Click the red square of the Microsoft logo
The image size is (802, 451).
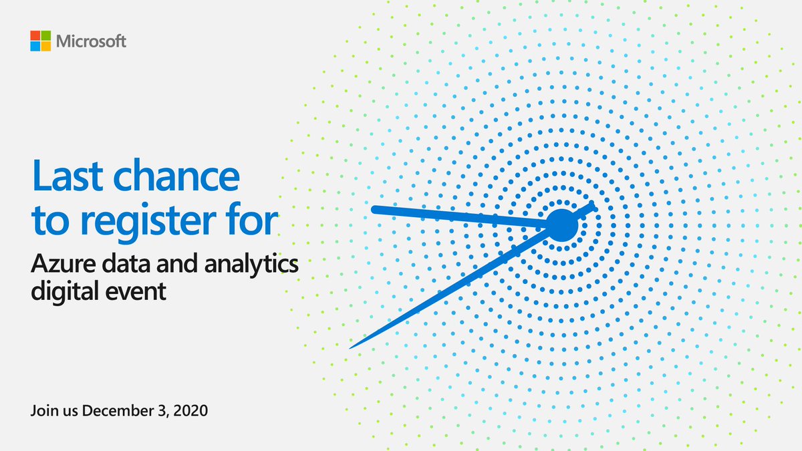[x=35, y=35]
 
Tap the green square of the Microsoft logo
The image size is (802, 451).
[x=47, y=35]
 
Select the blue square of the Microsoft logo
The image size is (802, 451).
[x=35, y=46]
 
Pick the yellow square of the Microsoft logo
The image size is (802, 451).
[x=47, y=46]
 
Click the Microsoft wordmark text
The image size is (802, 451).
[x=91, y=41]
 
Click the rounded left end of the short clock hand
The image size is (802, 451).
[x=375, y=210]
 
